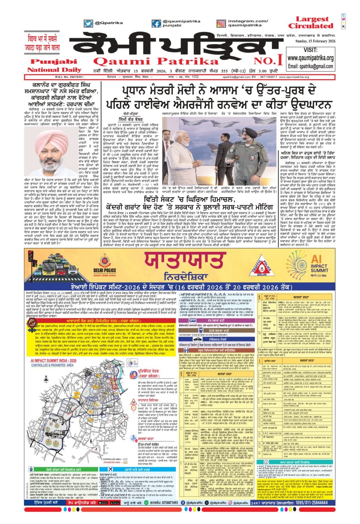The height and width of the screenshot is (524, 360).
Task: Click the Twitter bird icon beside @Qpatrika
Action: (x=88, y=23)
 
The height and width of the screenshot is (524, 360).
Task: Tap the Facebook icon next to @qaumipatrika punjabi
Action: (x=157, y=23)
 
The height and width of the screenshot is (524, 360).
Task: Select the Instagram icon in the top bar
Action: (x=221, y=23)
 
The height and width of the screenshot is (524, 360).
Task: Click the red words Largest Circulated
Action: (x=310, y=23)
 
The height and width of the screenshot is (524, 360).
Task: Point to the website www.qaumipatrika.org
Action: (x=310, y=58)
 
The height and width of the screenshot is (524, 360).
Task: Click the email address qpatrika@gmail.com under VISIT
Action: (x=310, y=66)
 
